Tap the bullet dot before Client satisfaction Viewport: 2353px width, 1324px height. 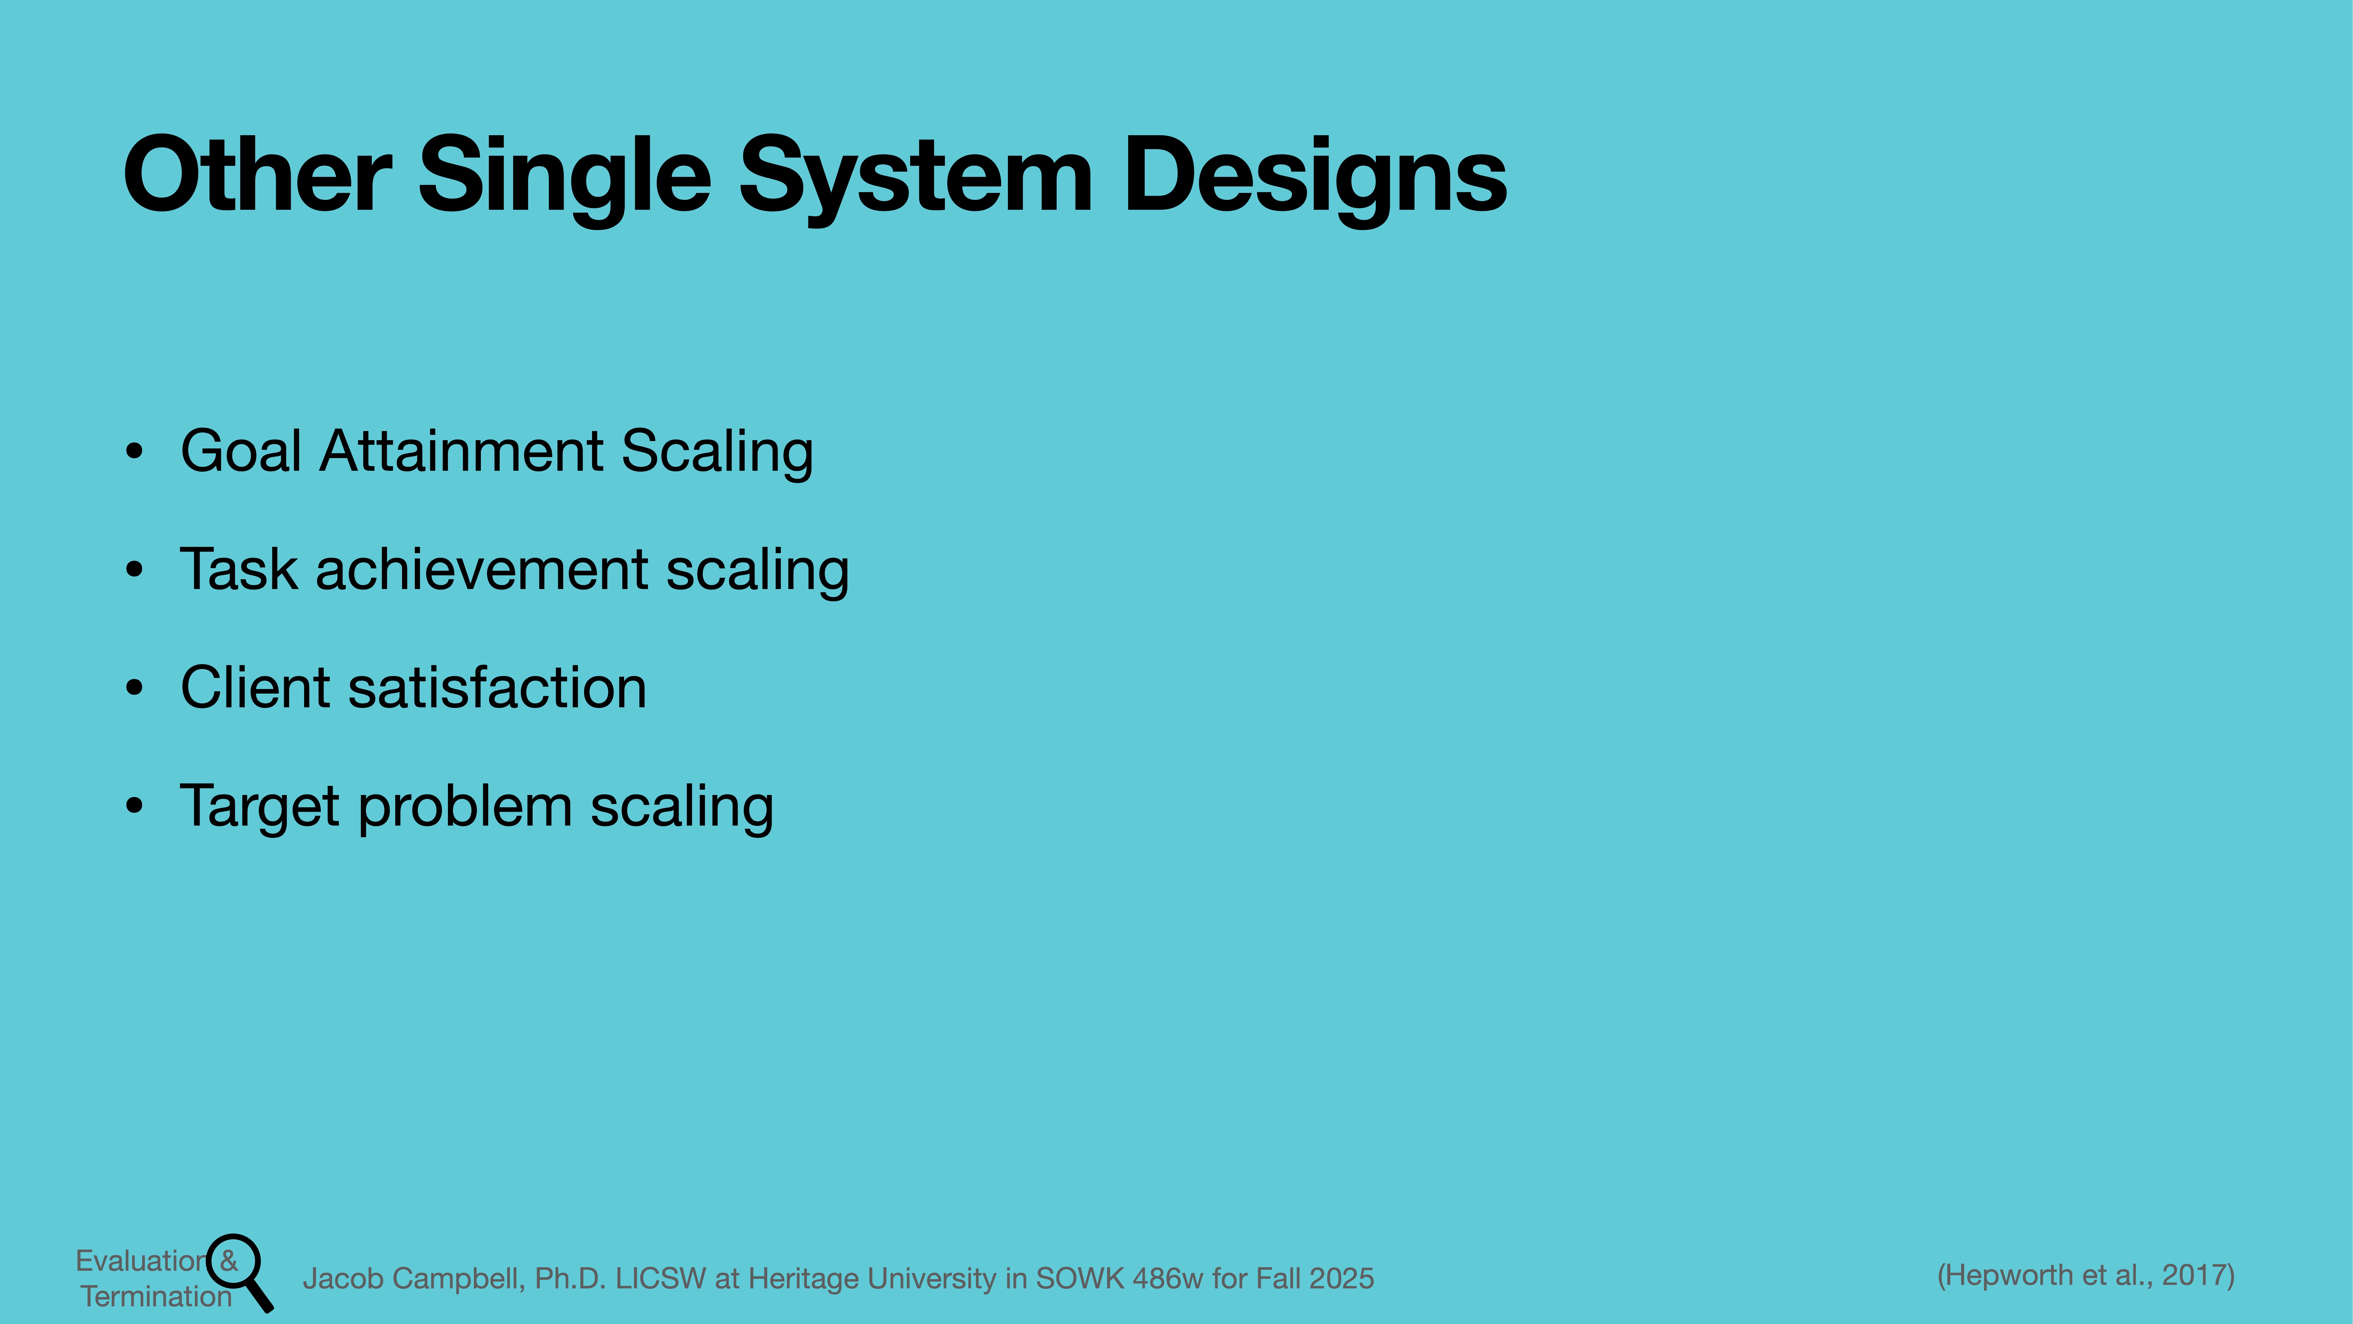click(134, 688)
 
